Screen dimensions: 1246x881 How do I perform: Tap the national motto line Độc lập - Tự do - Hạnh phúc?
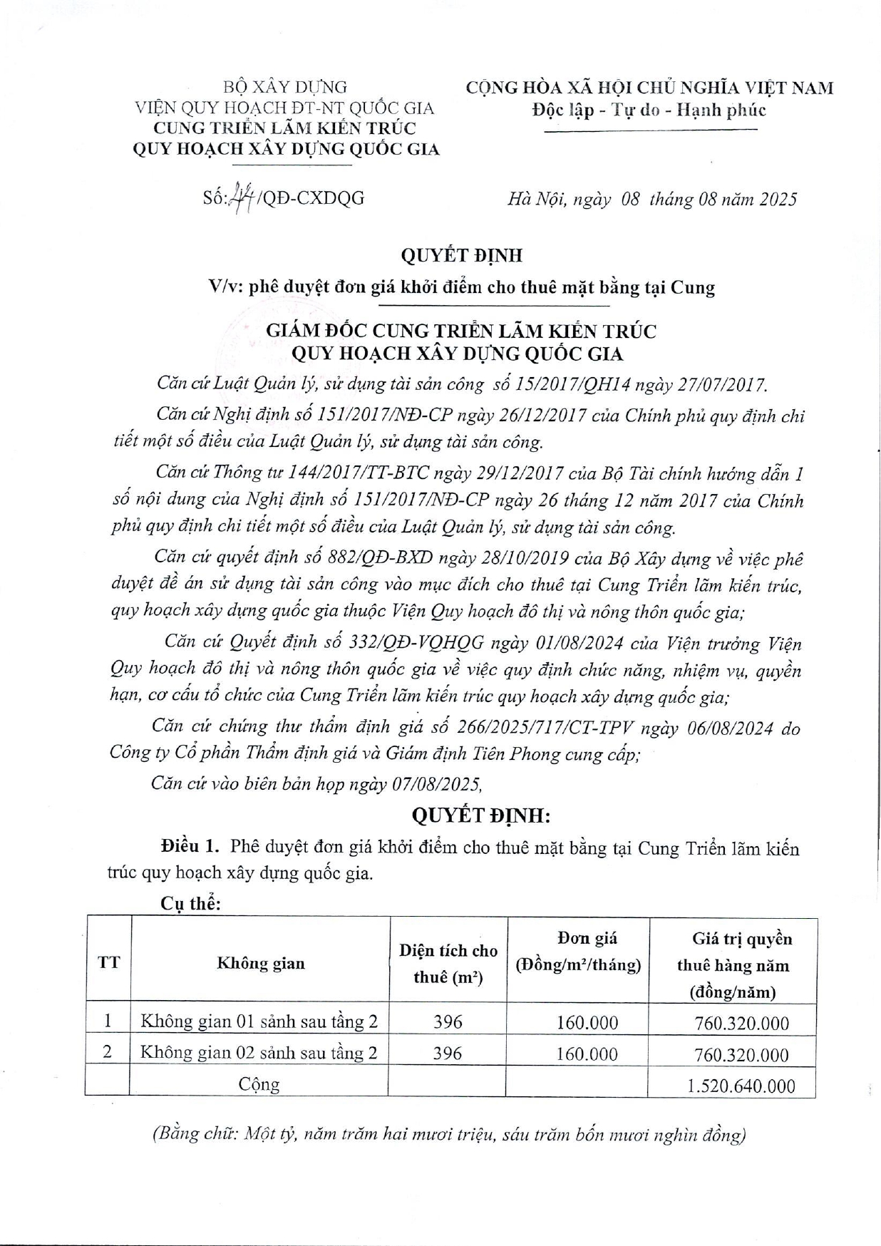(649, 110)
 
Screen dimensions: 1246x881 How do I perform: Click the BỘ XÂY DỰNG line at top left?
(285, 87)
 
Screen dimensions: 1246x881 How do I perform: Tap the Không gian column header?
(261, 963)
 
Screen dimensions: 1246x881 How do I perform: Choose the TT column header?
(108, 962)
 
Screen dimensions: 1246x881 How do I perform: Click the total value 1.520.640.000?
(741, 1086)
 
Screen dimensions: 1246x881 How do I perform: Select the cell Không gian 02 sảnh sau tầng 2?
(259, 1052)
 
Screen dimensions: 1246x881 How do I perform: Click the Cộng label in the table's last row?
(259, 1084)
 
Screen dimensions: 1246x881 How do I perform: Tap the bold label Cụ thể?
(190, 903)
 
